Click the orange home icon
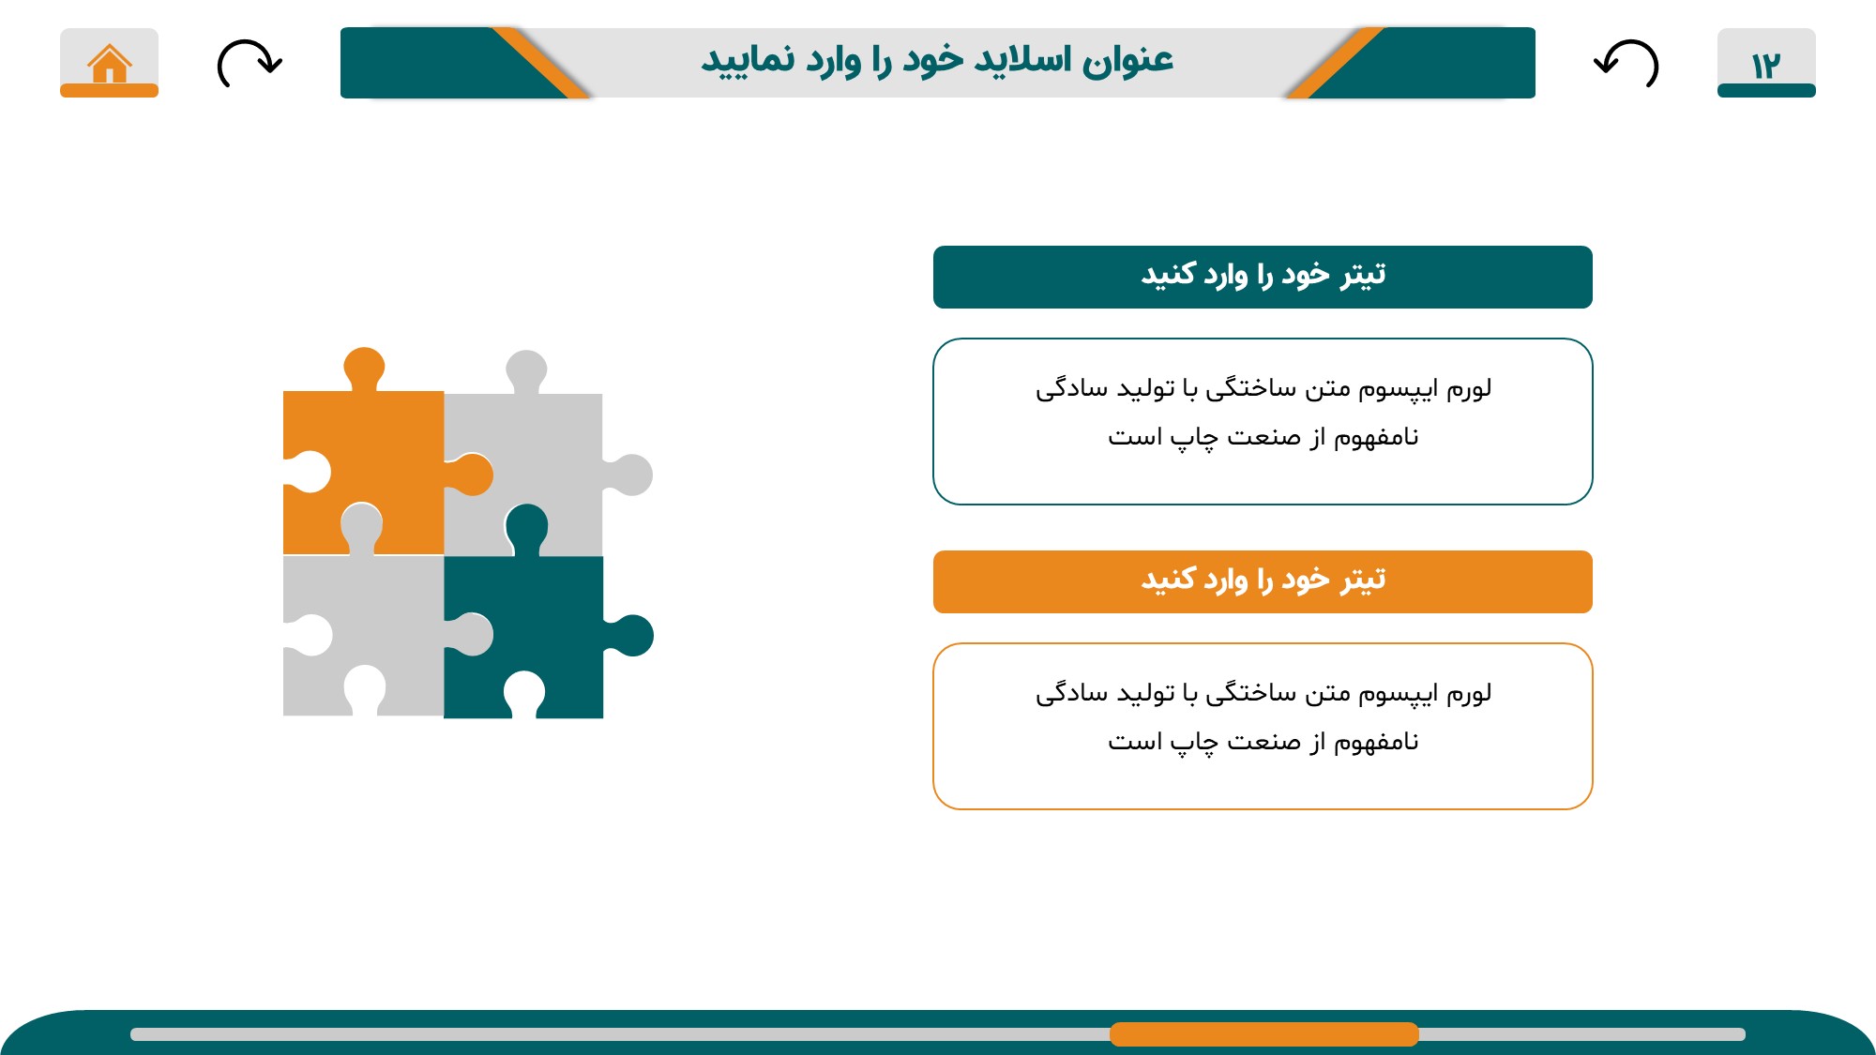(110, 64)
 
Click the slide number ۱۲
(1765, 66)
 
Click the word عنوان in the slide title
(1127, 61)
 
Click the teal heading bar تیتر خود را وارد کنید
(1263, 277)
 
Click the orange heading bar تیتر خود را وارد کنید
(1263, 581)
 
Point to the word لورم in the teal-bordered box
(1468, 388)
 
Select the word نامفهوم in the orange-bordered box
(1376, 742)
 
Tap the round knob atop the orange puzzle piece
(364, 366)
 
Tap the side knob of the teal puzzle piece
(633, 636)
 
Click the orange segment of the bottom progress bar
(1263, 1034)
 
